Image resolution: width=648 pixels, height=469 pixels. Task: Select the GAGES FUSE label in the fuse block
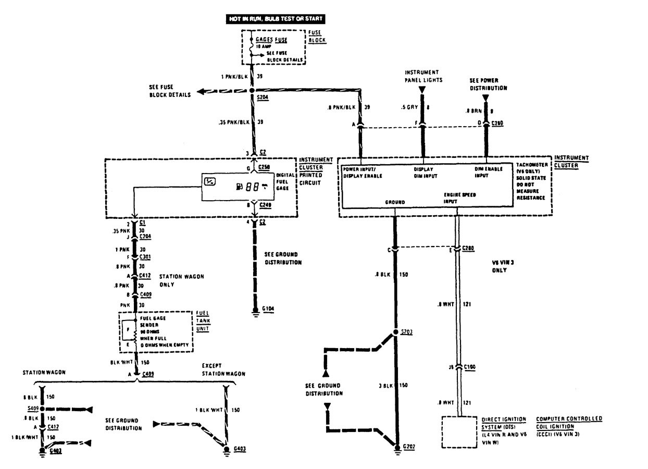(270, 40)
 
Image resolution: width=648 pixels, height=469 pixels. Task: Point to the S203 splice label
(406, 332)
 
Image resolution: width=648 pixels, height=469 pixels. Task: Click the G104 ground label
(269, 308)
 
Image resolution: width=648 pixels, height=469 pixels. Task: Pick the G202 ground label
(409, 447)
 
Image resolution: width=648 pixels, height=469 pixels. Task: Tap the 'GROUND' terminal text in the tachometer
(394, 202)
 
